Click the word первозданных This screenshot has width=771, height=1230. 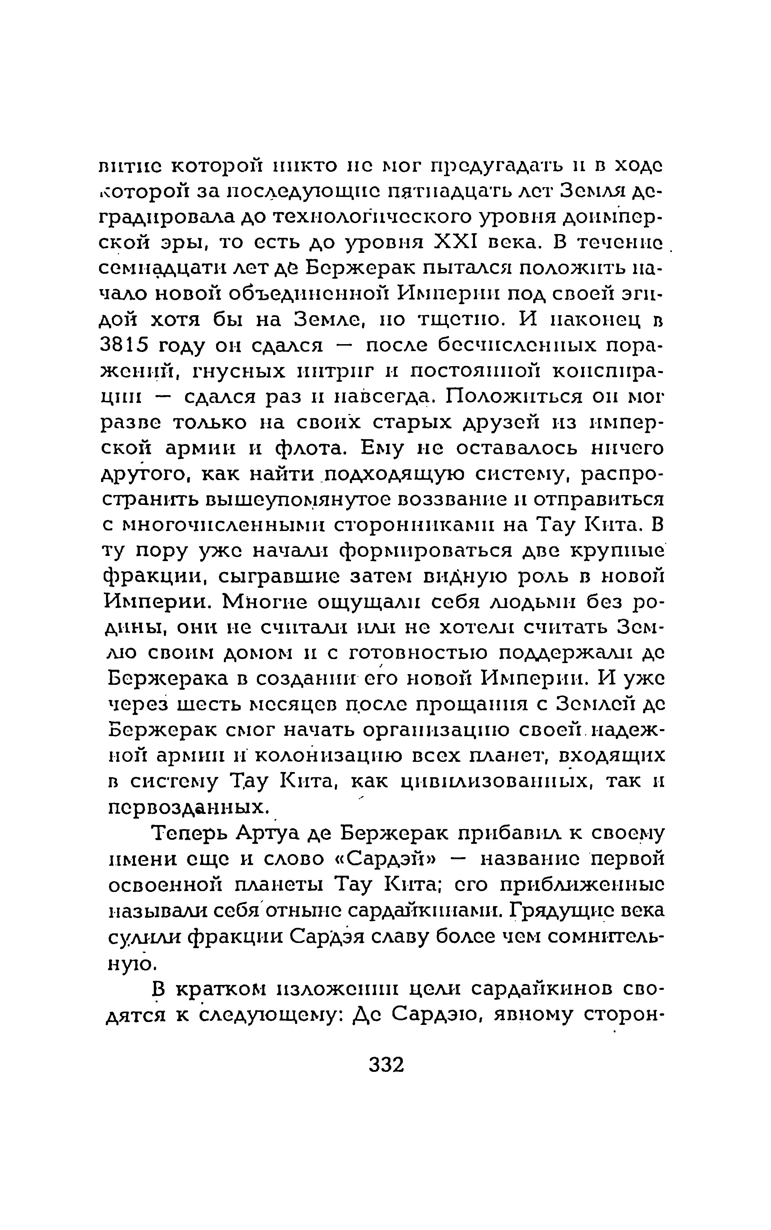coord(188,807)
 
